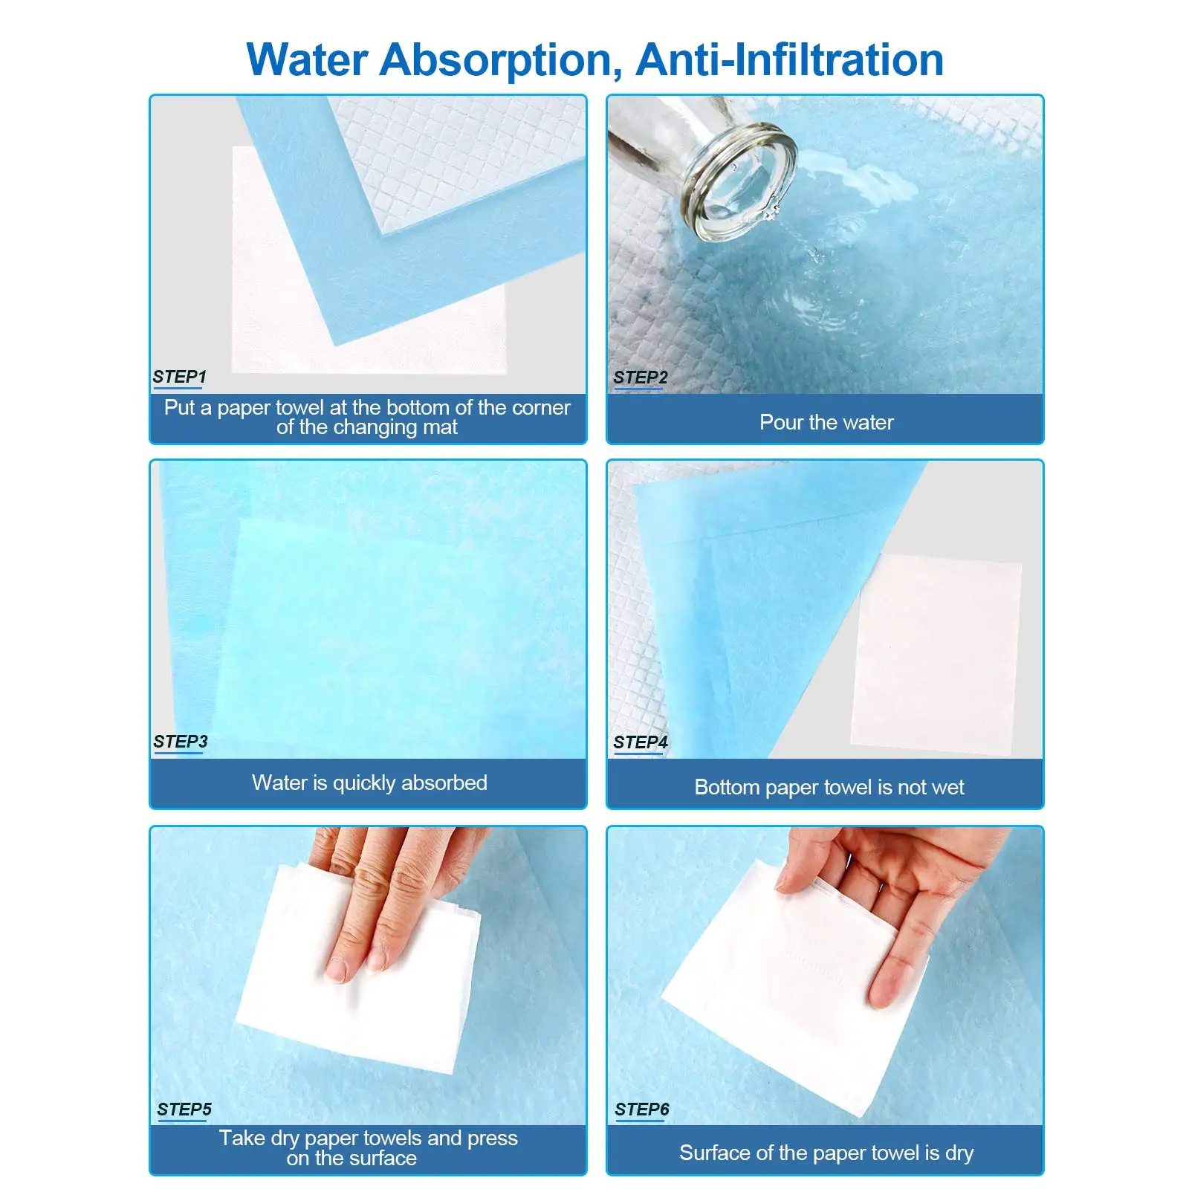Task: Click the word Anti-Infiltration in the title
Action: [789, 59]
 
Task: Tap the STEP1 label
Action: [179, 377]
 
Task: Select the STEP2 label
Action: [640, 378]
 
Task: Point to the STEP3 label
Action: [180, 742]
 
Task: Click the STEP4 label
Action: [640, 742]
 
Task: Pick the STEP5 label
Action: [184, 1109]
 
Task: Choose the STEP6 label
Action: [642, 1109]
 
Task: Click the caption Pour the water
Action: [826, 422]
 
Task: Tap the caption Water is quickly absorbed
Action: [369, 783]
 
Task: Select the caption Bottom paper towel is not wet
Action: [829, 787]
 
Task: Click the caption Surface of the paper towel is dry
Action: [826, 1153]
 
